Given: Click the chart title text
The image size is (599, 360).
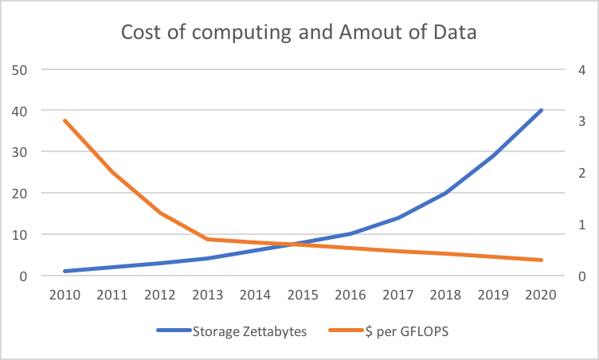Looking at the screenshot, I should click(299, 33).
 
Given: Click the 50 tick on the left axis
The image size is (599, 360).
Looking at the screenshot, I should click(21, 69).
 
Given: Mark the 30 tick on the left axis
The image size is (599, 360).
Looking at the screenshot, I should click(21, 152).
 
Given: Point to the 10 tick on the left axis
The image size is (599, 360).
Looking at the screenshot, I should click(21, 235).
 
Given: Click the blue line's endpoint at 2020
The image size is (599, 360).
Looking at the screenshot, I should click(542, 110).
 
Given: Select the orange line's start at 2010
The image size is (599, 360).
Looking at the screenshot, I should click(65, 120).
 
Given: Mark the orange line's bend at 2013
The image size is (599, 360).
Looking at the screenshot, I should click(208, 239).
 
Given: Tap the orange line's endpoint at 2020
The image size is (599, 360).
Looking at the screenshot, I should click(542, 260).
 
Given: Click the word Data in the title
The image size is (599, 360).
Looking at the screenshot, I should click(456, 33).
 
